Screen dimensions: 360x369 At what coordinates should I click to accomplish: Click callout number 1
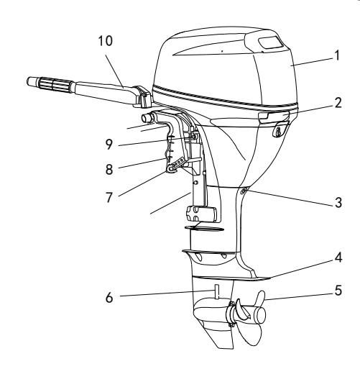pyautogui.click(x=337, y=55)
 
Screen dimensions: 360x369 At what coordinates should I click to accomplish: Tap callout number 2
pyautogui.click(x=338, y=103)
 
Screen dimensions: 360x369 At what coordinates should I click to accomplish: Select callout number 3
pyautogui.click(x=338, y=203)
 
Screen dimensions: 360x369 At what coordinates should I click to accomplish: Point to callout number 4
pyautogui.click(x=338, y=258)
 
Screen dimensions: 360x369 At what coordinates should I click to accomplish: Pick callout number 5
pyautogui.click(x=338, y=291)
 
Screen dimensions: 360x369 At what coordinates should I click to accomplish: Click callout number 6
pyautogui.click(x=109, y=298)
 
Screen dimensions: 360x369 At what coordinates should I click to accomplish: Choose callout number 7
pyautogui.click(x=109, y=198)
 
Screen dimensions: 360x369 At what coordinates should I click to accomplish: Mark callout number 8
pyautogui.click(x=109, y=170)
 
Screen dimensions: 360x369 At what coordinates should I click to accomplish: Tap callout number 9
pyautogui.click(x=109, y=145)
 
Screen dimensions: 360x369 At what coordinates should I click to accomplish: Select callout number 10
pyautogui.click(x=106, y=41)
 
